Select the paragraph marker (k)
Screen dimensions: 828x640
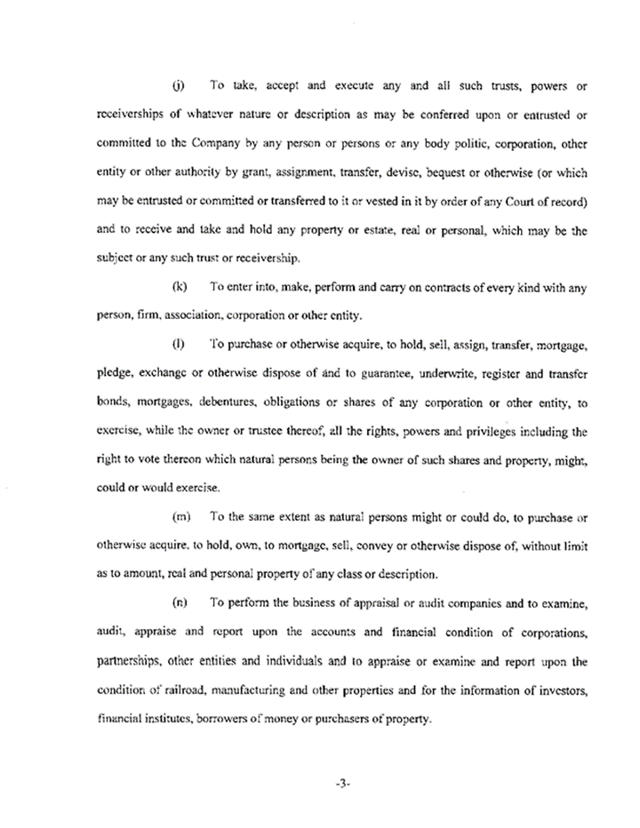coord(178,287)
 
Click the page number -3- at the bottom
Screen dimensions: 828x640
coord(320,784)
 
